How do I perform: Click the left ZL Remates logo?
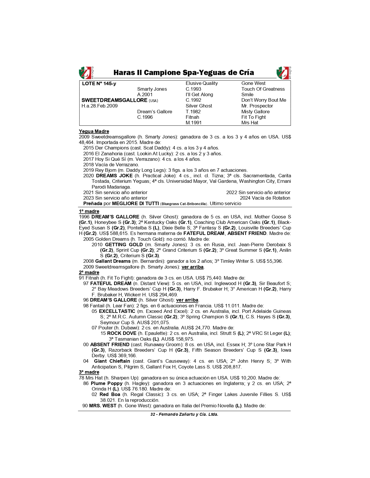tap(86, 73)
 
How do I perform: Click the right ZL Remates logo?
tap(284, 73)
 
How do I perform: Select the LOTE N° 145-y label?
tap(99, 84)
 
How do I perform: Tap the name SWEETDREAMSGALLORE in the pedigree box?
tap(114, 100)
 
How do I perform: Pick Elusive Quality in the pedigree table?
tap(202, 83)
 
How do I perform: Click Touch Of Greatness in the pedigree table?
tap(263, 89)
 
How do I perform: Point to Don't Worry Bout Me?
tap(263, 100)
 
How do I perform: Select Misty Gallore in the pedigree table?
tap(255, 112)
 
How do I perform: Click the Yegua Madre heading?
tap(94, 131)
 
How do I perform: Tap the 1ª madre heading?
tap(89, 211)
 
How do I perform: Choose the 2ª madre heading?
tap(89, 273)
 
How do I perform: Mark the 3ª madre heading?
tap(89, 372)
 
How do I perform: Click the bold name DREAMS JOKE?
tap(114, 176)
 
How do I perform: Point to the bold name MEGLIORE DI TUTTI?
tap(135, 204)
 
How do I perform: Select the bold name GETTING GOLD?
tap(124, 245)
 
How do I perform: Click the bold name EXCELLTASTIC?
tap(117, 311)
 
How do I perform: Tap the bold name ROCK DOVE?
tap(122, 333)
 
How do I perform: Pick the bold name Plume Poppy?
tap(107, 384)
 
